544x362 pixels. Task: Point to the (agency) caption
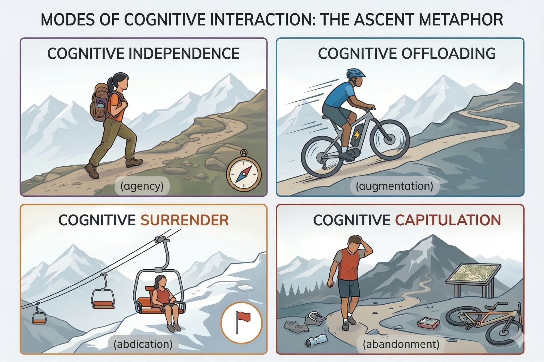point(142,186)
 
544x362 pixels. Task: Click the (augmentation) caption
point(394,186)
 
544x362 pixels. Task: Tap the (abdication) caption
point(143,344)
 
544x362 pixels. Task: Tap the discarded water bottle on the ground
point(316,341)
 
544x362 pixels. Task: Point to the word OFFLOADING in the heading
point(448,54)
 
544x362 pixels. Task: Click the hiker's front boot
point(134,162)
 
